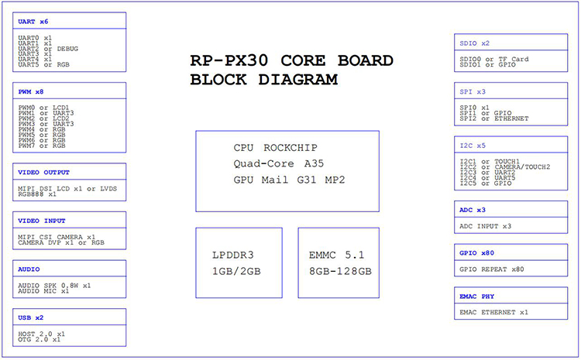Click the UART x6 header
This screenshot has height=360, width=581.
coord(33,22)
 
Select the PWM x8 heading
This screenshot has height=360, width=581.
coord(31,91)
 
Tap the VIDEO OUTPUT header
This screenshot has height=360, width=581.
coord(43,172)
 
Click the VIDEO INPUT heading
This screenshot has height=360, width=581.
coord(42,221)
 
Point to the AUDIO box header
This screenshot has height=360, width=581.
coord(29,269)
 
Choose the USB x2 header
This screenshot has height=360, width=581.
coord(31,317)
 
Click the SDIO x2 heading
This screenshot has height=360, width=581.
coord(475,43)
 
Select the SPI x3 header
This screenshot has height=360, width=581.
coord(473,91)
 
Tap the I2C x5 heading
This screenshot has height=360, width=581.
coord(473,146)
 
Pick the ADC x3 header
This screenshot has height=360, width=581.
coord(473,210)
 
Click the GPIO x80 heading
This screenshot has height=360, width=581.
coord(477,253)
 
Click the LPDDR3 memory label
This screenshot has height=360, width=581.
coord(233,255)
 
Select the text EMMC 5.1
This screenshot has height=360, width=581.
coord(337,255)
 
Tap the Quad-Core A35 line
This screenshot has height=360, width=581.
coord(279,163)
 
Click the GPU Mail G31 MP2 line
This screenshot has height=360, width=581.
coord(290,180)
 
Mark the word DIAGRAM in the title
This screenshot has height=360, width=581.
coord(298,80)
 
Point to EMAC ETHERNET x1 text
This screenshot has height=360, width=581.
coord(494,312)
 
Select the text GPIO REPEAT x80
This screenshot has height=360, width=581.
coord(492,269)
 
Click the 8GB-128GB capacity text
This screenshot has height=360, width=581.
coord(341,271)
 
